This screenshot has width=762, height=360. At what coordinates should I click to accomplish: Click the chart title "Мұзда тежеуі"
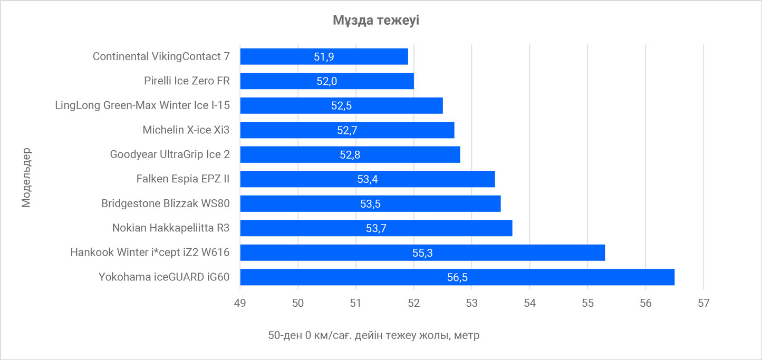pos(376,21)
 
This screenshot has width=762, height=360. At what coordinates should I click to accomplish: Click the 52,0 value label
pos(326,81)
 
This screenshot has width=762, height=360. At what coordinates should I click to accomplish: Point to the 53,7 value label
pos(376,228)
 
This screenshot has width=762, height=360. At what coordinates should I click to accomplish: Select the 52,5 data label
pos(341,105)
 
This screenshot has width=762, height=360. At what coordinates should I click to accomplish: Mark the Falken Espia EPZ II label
pos(182,179)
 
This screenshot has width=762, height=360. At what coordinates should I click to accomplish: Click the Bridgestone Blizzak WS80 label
pos(166,203)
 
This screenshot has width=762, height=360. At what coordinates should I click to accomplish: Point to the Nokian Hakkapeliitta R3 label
pos(171,228)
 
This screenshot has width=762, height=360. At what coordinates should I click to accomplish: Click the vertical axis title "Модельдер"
pos(27,177)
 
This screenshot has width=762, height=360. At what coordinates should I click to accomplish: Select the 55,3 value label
pos(422,253)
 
